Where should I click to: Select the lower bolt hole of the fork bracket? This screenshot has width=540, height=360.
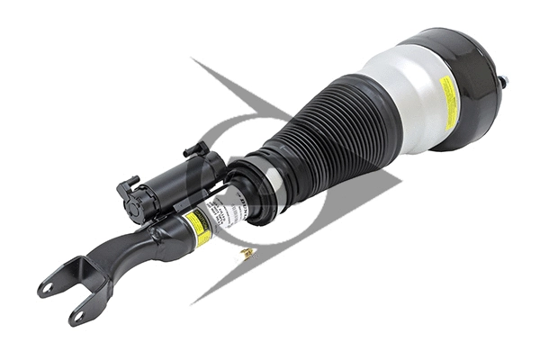coord(76,316)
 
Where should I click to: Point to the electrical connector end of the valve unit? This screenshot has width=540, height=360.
coord(133,201)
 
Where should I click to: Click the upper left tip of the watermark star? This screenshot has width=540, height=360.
coord(193,60)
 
